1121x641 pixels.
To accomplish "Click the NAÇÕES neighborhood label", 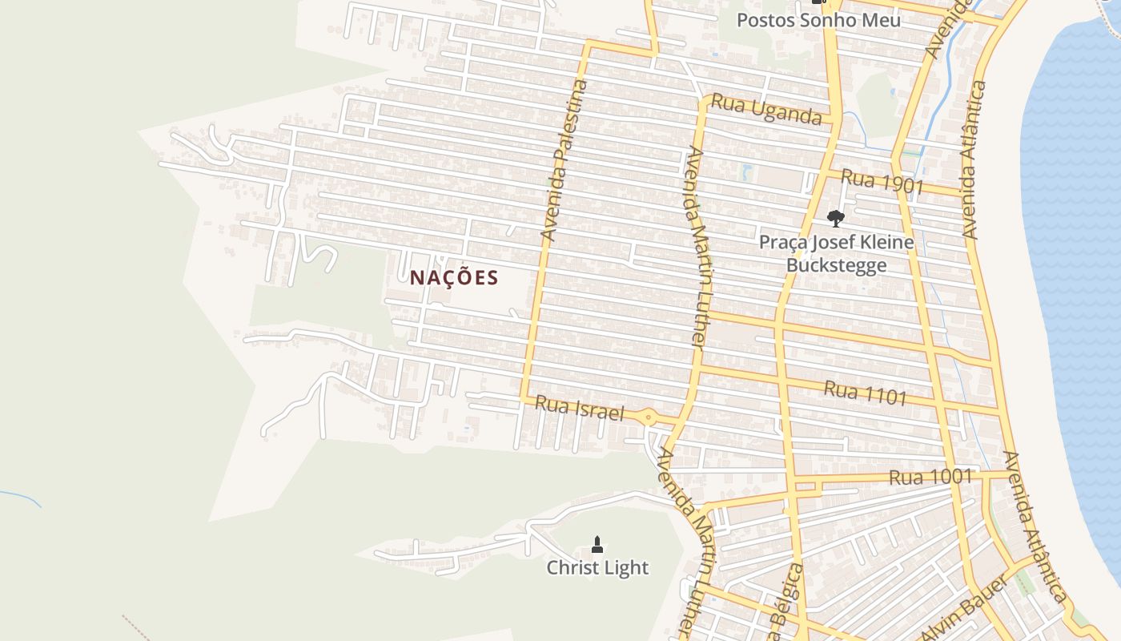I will pyautogui.click(x=454, y=278).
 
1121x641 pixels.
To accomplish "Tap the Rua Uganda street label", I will pyautogui.click(x=766, y=109).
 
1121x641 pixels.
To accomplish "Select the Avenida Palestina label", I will pyautogui.click(x=565, y=161).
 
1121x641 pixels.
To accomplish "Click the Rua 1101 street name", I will pyautogui.click(x=866, y=393).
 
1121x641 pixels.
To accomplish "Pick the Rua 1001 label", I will pyautogui.click(x=930, y=478).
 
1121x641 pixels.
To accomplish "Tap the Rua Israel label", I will pyautogui.click(x=578, y=408).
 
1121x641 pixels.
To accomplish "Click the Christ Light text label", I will pyautogui.click(x=597, y=568).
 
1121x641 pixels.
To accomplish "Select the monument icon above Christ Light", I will pyautogui.click(x=597, y=545).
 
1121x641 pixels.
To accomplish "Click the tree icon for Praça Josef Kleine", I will pyautogui.click(x=835, y=218).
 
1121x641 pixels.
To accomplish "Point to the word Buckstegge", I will pyautogui.click(x=836, y=265).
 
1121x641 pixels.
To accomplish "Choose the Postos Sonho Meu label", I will pyautogui.click(x=818, y=20).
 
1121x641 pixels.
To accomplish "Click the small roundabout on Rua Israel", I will pyautogui.click(x=648, y=417).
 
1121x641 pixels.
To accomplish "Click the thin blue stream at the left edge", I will pyautogui.click(x=20, y=497).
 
